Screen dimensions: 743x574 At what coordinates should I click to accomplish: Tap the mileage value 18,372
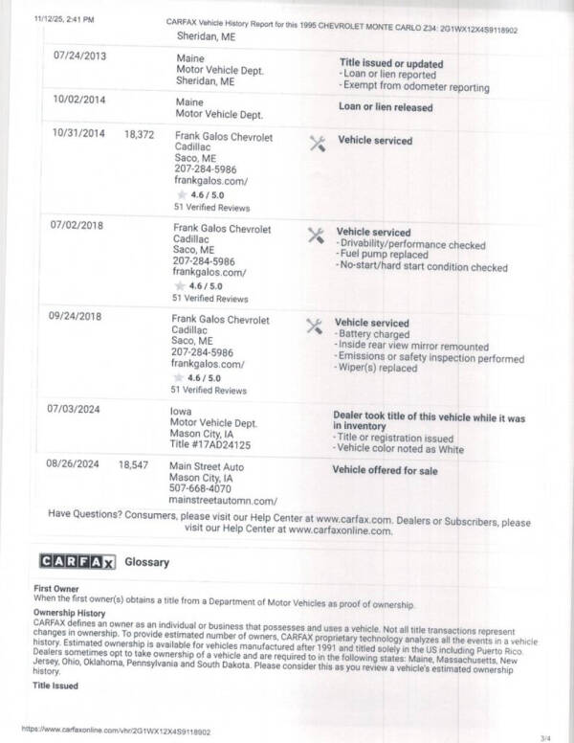pos(139,135)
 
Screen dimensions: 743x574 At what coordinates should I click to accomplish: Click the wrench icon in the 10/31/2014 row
pos(318,143)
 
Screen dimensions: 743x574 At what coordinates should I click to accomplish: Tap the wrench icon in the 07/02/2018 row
pos(316,235)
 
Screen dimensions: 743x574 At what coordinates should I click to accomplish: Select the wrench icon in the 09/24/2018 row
pos(314,326)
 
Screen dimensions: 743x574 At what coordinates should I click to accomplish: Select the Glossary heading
pos(147,562)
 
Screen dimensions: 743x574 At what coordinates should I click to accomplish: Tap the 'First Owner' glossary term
pos(55,587)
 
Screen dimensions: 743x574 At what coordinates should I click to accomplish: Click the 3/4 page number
pos(545,736)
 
